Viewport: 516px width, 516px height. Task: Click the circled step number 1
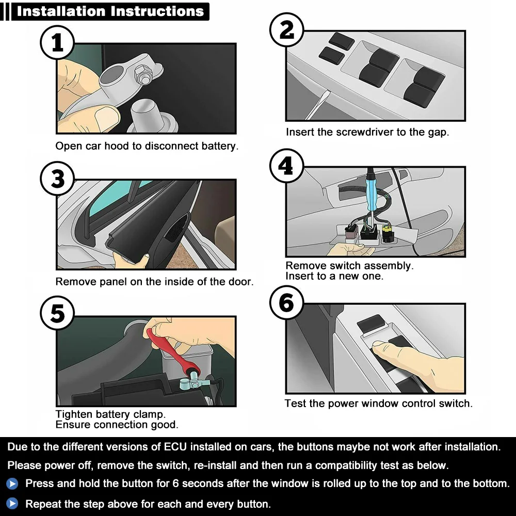(57, 43)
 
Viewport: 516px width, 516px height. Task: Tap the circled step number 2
(286, 30)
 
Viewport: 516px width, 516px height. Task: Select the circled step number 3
(57, 179)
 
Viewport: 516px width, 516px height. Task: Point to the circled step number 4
(286, 166)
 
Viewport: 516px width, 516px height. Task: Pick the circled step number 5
(57, 313)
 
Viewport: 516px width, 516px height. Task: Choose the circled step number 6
(286, 303)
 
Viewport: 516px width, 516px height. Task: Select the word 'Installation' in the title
(61, 11)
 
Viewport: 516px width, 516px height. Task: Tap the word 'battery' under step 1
(219, 146)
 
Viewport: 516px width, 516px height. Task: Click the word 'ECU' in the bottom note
(175, 447)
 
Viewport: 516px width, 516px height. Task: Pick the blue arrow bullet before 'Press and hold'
(12, 484)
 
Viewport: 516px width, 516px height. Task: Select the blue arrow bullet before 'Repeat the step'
(12, 504)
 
